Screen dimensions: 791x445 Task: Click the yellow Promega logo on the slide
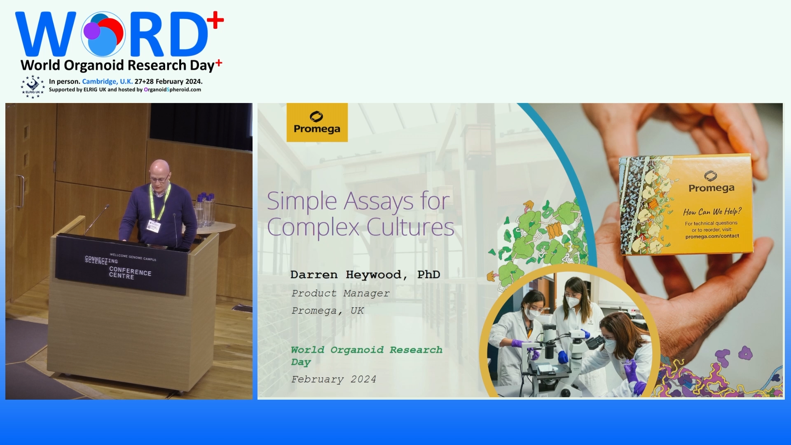[317, 122]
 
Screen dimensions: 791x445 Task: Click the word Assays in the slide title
[379, 201]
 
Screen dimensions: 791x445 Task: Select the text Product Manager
[340, 293]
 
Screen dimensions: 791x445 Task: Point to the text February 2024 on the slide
[333, 379]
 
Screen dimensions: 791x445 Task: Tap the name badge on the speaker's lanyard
[154, 226]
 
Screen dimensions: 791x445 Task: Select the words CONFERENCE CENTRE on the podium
[130, 272]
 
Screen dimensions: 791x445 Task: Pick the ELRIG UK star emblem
[33, 87]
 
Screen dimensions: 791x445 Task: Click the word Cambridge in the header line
[100, 82]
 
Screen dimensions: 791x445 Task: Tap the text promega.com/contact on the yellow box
[712, 236]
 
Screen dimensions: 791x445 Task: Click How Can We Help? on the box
[712, 212]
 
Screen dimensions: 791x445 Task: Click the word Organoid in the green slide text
[357, 350]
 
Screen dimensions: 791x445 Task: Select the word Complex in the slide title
[313, 227]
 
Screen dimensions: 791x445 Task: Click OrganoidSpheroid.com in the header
[172, 89]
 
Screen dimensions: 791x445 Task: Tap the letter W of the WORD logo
[46, 34]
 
